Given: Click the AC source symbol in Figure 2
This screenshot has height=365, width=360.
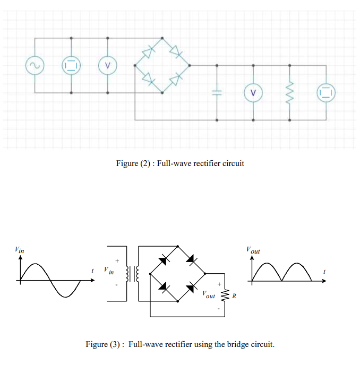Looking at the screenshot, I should tap(35, 66).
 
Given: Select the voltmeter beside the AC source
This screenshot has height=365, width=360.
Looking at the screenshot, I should tap(108, 66).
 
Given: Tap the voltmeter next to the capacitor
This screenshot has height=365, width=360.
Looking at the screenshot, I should tap(253, 93).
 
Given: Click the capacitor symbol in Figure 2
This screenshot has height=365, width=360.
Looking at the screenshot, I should tap(217, 93).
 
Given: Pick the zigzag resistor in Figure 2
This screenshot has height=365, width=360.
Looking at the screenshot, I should tap(289, 93).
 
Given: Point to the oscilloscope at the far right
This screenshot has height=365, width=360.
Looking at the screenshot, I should tap(325, 93).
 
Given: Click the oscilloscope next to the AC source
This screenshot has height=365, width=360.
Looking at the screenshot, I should tap(71, 66).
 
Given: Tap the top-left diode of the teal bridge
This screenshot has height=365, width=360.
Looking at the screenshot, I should tap(149, 52).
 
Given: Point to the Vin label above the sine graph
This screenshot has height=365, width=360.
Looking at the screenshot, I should tap(19, 249).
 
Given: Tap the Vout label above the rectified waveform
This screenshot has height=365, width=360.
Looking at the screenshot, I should tap(253, 249).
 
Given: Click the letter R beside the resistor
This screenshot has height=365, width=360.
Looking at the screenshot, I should tap(234, 296).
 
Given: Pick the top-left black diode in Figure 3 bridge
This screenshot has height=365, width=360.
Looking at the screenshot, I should tap(164, 260).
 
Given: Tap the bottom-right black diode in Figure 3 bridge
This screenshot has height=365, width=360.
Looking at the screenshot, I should tap(191, 287).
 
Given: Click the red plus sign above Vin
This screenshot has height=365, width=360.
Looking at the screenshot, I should tap(117, 260).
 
